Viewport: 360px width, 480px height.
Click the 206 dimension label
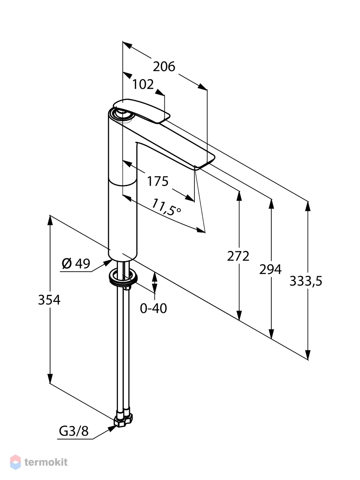pos(164,67)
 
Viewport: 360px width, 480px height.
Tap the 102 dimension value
pos(143,84)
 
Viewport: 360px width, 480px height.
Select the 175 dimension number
pos(158,181)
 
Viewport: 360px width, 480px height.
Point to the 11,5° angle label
pos(166,207)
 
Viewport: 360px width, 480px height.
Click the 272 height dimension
pos(238,256)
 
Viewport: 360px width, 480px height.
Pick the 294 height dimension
pos(270,270)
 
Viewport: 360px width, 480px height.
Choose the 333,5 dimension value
pos(306,281)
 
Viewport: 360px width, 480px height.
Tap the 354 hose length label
pos(49,300)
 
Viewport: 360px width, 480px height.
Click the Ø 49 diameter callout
pos(76,264)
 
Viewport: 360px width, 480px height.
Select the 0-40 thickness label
pos(154,308)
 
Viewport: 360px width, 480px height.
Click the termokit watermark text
pos(46,462)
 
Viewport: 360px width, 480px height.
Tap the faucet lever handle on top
pos(142,111)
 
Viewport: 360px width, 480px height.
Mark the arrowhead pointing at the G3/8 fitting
pos(112,428)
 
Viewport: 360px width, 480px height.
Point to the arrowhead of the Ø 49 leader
pos(108,263)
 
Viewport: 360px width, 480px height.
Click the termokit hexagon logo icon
pos(15,462)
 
